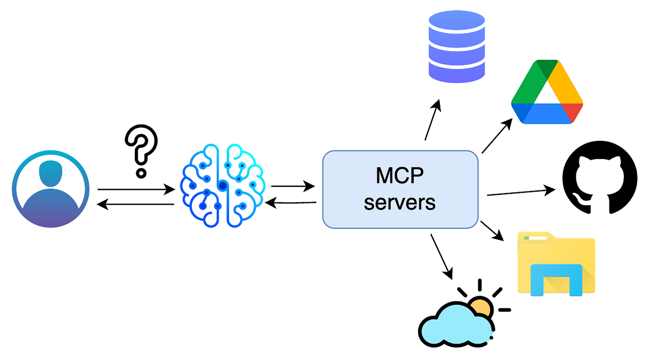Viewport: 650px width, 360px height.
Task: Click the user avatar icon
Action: click(x=50, y=190)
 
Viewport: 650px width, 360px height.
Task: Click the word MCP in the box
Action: click(x=400, y=176)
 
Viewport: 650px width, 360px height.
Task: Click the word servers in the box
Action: click(x=400, y=202)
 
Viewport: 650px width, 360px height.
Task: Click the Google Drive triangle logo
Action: click(x=547, y=93)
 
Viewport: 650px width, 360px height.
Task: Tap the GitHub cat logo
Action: click(x=600, y=178)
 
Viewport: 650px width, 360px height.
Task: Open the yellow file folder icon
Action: click(x=556, y=264)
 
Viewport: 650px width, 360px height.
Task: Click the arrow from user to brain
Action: click(x=135, y=189)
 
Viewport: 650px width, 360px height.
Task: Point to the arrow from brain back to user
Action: click(x=135, y=204)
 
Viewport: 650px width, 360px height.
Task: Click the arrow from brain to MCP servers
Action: click(x=292, y=186)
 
